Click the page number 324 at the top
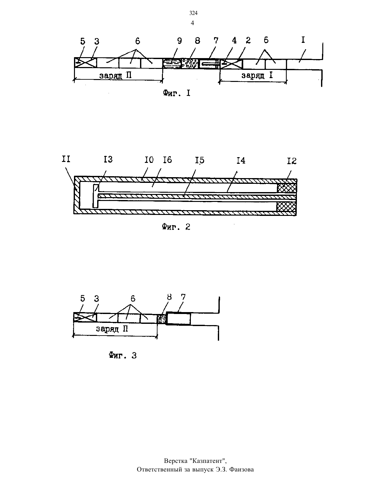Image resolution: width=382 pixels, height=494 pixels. click(193, 13)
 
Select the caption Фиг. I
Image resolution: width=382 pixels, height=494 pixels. click(177, 93)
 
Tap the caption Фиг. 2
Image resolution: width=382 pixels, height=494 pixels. click(176, 227)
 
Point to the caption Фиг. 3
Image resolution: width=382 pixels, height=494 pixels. click(123, 355)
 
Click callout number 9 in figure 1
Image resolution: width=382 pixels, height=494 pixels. click(179, 41)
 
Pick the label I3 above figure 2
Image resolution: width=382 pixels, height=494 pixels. click(108, 159)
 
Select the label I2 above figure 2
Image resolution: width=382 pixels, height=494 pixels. click(292, 161)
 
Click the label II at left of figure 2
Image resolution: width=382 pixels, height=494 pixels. click(66, 159)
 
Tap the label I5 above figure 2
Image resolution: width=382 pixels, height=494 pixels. click(200, 160)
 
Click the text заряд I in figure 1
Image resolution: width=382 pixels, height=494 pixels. click(257, 75)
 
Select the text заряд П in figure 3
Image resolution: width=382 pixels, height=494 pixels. click(112, 329)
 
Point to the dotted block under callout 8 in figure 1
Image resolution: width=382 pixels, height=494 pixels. click(190, 63)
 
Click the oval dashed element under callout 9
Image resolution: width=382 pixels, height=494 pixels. click(172, 63)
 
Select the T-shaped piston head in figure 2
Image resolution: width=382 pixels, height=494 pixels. click(96, 196)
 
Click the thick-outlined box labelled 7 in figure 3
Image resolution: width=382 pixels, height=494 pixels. click(178, 318)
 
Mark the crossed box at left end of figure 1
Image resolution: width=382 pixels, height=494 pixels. click(85, 63)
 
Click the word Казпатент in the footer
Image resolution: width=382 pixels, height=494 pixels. click(207, 461)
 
